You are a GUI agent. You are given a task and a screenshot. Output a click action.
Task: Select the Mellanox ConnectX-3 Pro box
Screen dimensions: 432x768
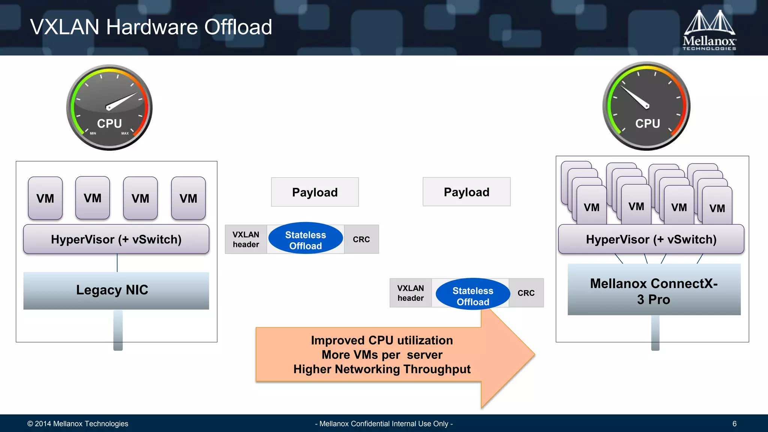coord(654,290)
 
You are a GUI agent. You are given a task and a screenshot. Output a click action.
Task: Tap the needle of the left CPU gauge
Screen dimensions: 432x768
coord(122,101)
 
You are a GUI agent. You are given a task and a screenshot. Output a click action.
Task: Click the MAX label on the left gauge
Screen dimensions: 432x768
coord(125,133)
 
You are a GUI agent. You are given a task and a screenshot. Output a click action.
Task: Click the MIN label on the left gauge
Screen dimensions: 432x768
coord(93,133)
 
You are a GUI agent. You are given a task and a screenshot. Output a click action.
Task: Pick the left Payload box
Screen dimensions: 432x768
coord(315,192)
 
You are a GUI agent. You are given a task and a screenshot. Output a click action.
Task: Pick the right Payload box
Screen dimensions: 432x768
coord(466,192)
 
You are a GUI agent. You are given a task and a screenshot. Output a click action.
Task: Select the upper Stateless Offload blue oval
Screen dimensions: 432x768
coord(305,239)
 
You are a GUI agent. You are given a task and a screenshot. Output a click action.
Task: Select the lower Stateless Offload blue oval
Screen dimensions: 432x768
coord(472,294)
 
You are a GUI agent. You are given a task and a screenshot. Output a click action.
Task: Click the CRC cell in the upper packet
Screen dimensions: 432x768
coord(361,239)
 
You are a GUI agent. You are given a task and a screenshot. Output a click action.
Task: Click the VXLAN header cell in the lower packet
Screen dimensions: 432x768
coord(410,293)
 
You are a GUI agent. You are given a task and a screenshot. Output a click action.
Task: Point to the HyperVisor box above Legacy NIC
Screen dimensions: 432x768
coord(116,239)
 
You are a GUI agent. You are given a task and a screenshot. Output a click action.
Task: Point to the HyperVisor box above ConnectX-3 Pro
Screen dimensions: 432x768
coord(651,239)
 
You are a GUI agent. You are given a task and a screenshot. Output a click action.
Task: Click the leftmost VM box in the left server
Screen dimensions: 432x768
coord(45,198)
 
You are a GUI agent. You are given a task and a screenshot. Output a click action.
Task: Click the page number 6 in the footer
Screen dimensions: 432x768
coord(734,424)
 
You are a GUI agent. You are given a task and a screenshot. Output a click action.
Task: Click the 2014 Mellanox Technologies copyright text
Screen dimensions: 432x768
coord(78,424)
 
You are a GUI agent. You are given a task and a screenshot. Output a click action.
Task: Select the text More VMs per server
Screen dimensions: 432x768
coord(382,355)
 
